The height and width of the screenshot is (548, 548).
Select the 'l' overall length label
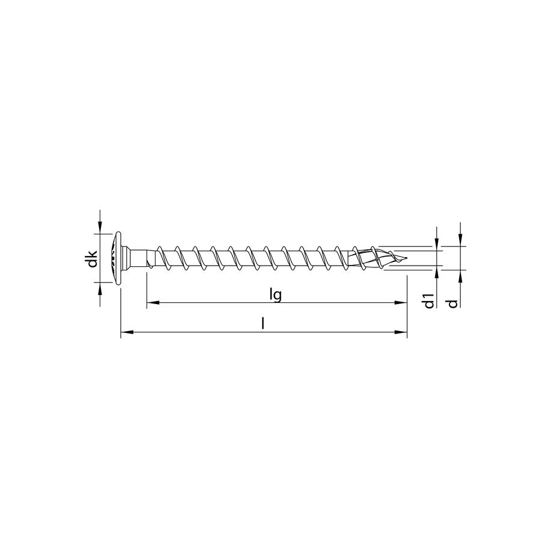[263, 323]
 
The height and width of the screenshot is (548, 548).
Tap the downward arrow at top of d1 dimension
[437, 239]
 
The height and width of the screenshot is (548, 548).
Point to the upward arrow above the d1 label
[437, 275]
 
